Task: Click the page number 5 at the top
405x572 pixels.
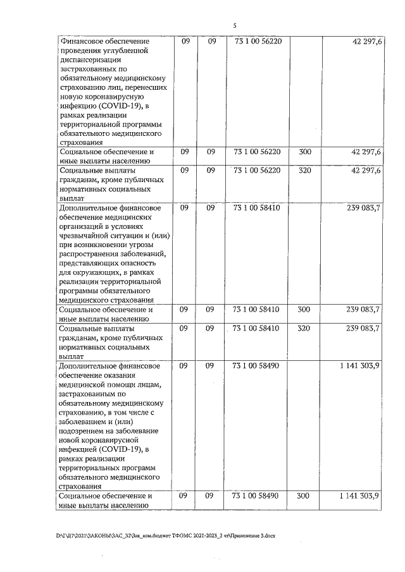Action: [x=234, y=26]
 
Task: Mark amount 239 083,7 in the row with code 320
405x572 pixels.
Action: [x=360, y=329]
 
